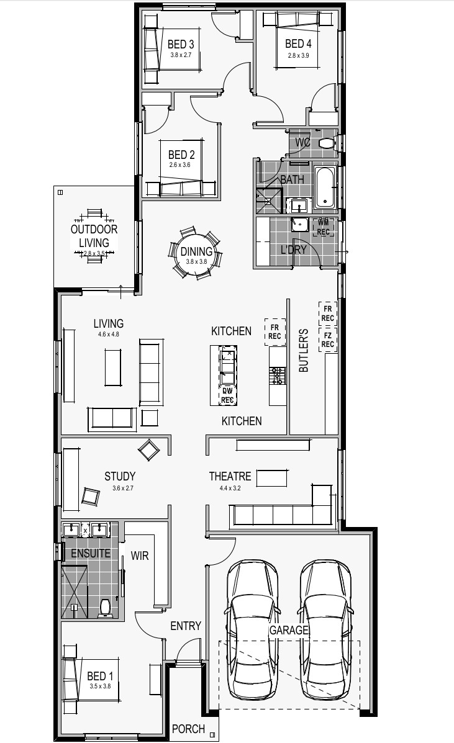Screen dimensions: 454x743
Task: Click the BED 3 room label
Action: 181,45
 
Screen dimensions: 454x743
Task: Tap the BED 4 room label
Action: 298,44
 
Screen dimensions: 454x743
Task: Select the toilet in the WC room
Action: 327,143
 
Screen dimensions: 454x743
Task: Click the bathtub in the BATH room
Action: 325,187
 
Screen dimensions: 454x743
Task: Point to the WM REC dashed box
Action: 323,227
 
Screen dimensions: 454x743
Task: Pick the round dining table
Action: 196,252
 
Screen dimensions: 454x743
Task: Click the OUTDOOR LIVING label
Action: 94,235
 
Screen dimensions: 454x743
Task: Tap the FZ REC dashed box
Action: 327,340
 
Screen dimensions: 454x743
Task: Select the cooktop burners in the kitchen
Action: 278,376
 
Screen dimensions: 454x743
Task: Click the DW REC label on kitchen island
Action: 227,395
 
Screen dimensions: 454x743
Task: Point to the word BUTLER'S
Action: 304,351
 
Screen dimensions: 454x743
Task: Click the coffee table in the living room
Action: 113,367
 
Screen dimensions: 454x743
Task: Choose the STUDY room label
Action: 120,476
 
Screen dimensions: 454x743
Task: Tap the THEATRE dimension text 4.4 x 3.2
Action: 230,488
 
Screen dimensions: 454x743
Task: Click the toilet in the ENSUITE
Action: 105,608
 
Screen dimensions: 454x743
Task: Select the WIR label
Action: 139,556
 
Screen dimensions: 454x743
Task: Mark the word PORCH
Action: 188,729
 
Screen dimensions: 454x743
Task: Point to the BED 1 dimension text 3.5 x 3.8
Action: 100,686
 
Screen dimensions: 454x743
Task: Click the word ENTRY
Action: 186,626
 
